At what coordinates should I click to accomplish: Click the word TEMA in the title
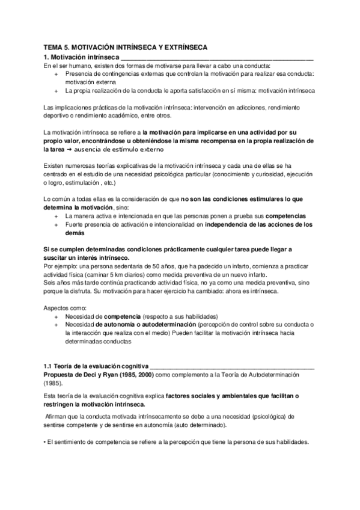point(55,46)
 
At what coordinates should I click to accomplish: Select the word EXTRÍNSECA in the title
point(183,46)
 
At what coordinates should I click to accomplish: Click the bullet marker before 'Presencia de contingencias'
point(56,74)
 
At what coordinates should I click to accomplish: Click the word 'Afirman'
point(59,416)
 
